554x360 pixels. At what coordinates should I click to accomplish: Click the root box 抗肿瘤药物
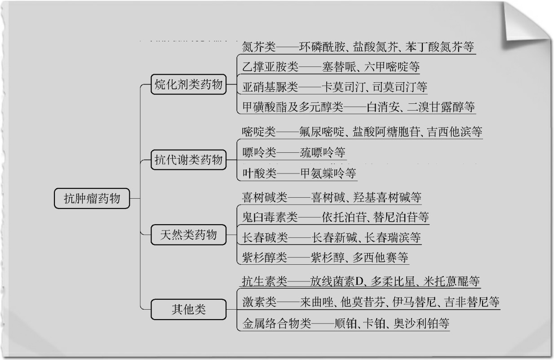coord(92,198)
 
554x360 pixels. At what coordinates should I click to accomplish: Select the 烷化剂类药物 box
coord(188,85)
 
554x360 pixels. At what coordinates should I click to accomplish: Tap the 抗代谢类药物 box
coord(188,160)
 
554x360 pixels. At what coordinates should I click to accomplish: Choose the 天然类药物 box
coord(188,234)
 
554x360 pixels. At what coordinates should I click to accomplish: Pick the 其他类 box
coord(188,309)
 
